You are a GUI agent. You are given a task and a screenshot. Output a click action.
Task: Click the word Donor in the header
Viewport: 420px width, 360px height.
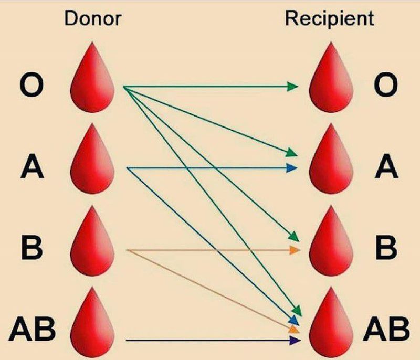pos(92,19)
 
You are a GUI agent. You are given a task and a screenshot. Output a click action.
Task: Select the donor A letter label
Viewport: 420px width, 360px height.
pos(31,168)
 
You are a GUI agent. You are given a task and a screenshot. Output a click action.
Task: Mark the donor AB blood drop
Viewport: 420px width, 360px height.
pos(92,325)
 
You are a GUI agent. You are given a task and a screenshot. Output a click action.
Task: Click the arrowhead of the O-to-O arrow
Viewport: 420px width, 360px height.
pos(293,86)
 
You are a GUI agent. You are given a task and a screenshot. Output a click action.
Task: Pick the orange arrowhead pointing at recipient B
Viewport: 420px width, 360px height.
pos(295,250)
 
